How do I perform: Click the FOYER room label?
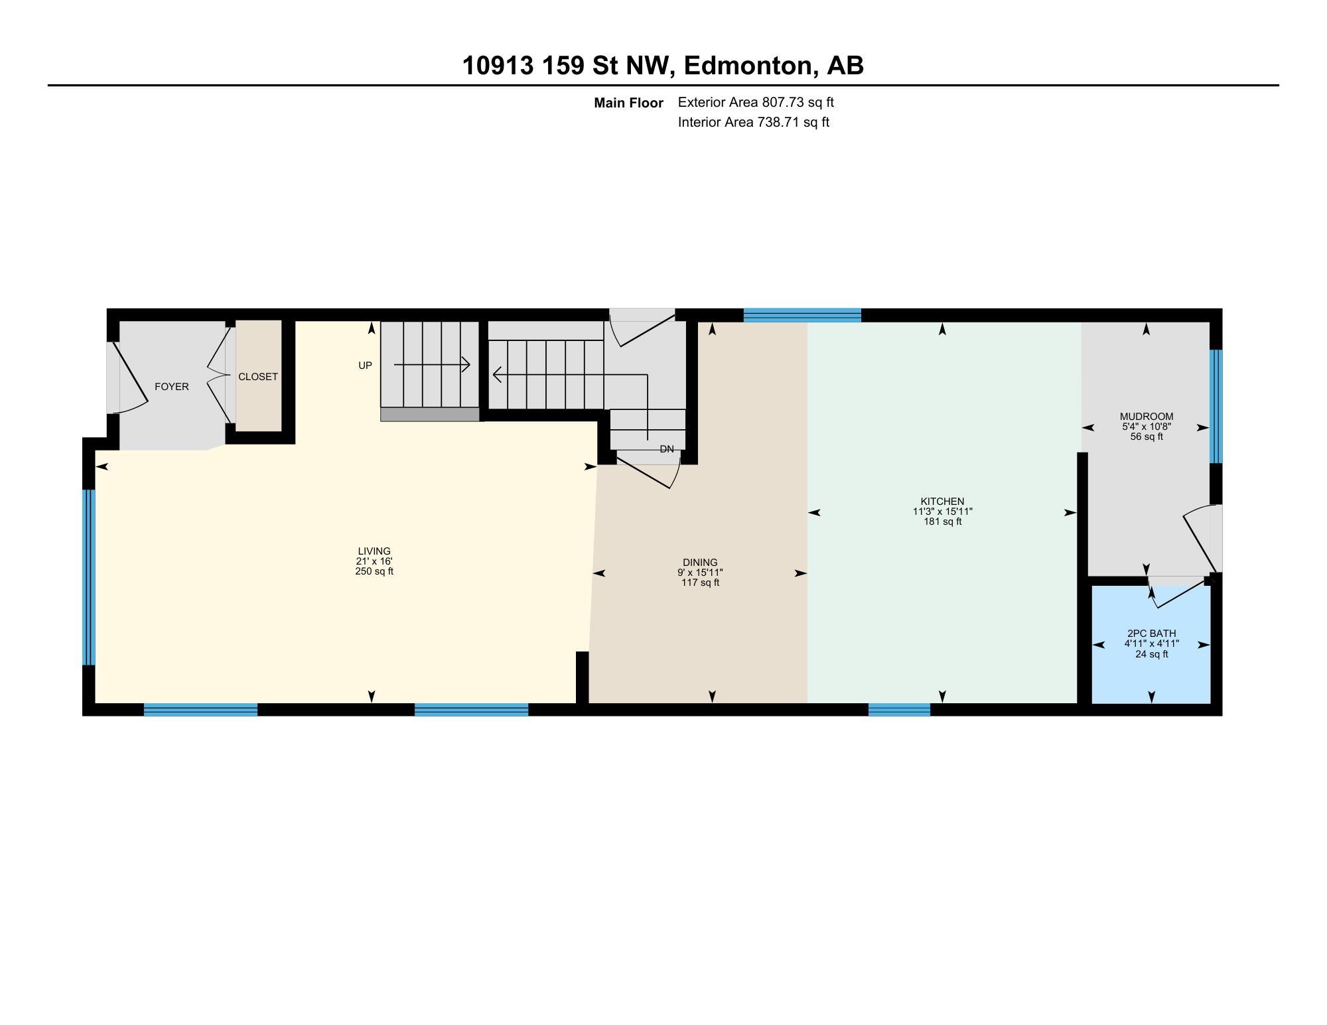tap(171, 387)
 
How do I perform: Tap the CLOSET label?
tap(258, 377)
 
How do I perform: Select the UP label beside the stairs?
tap(365, 366)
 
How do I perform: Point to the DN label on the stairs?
tap(667, 449)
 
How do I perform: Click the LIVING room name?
tap(374, 551)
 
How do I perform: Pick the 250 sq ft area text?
tap(374, 571)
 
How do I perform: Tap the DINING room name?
tap(700, 563)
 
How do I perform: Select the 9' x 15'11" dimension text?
tap(700, 573)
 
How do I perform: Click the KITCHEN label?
tap(942, 502)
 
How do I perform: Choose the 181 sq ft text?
tap(942, 522)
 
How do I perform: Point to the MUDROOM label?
tap(1146, 417)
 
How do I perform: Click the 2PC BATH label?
tap(1151, 634)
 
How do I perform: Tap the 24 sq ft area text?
tap(1151, 654)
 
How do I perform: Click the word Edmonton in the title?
tap(748, 66)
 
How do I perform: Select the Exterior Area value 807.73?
tap(787, 102)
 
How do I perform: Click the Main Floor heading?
tap(628, 103)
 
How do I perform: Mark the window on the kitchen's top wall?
tap(802, 315)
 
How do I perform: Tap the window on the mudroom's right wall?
tap(1216, 406)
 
